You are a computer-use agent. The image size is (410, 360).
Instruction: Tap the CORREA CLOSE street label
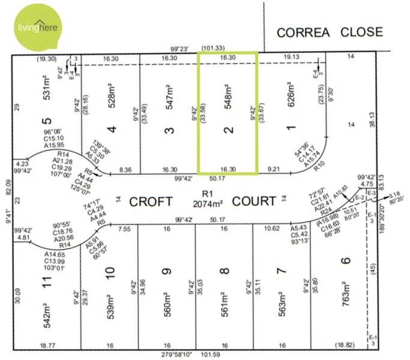pos(330,32)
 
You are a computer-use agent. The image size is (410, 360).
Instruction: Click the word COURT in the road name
pos(255,200)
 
